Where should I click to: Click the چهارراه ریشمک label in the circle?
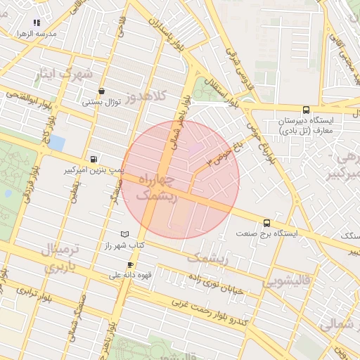click(157, 188)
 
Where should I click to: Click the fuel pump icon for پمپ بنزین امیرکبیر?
click(94, 159)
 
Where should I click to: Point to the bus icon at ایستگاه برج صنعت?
click(266, 221)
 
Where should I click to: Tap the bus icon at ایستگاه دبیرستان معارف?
click(305, 110)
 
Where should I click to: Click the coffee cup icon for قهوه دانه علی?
click(129, 264)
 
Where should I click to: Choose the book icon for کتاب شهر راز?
click(125, 233)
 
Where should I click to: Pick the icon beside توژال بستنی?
click(102, 91)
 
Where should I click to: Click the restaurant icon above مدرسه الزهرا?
click(37, 22)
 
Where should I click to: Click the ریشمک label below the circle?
click(207, 258)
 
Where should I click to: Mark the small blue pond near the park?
click(56, 143)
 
